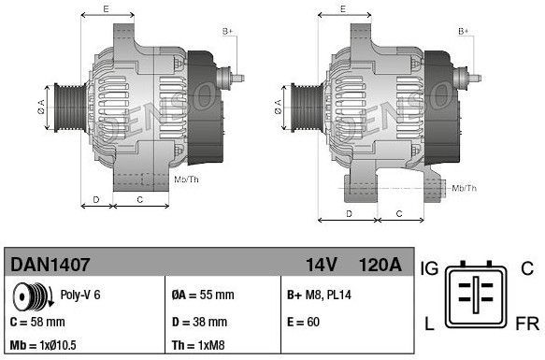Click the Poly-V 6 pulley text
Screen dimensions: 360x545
coord(80,294)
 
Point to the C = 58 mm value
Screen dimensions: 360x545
coord(36,322)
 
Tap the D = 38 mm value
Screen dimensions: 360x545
coord(200,322)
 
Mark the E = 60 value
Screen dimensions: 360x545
coord(305,322)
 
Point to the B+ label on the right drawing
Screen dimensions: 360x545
coord(463,32)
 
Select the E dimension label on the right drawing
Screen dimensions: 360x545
coord(343,8)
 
